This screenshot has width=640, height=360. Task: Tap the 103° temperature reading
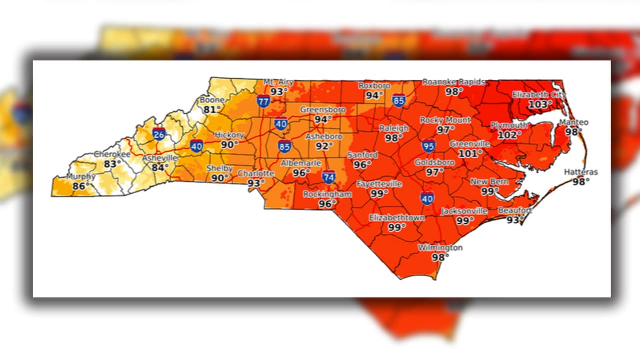(x=538, y=104)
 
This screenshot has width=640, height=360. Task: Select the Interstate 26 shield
(x=159, y=134)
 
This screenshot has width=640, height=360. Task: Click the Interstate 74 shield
(x=328, y=177)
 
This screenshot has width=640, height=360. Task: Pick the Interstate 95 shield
(x=428, y=146)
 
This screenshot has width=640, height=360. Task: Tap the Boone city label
(x=212, y=100)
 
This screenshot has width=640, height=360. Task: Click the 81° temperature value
(x=212, y=109)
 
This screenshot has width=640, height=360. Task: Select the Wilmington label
(x=440, y=248)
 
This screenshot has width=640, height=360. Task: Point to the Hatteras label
(x=581, y=172)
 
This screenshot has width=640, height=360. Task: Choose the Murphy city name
(x=80, y=177)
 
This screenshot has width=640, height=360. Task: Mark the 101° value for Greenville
(x=470, y=153)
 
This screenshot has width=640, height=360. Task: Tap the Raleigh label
(x=394, y=128)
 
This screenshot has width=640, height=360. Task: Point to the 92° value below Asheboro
(x=324, y=146)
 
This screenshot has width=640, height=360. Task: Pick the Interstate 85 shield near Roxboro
(x=398, y=100)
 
